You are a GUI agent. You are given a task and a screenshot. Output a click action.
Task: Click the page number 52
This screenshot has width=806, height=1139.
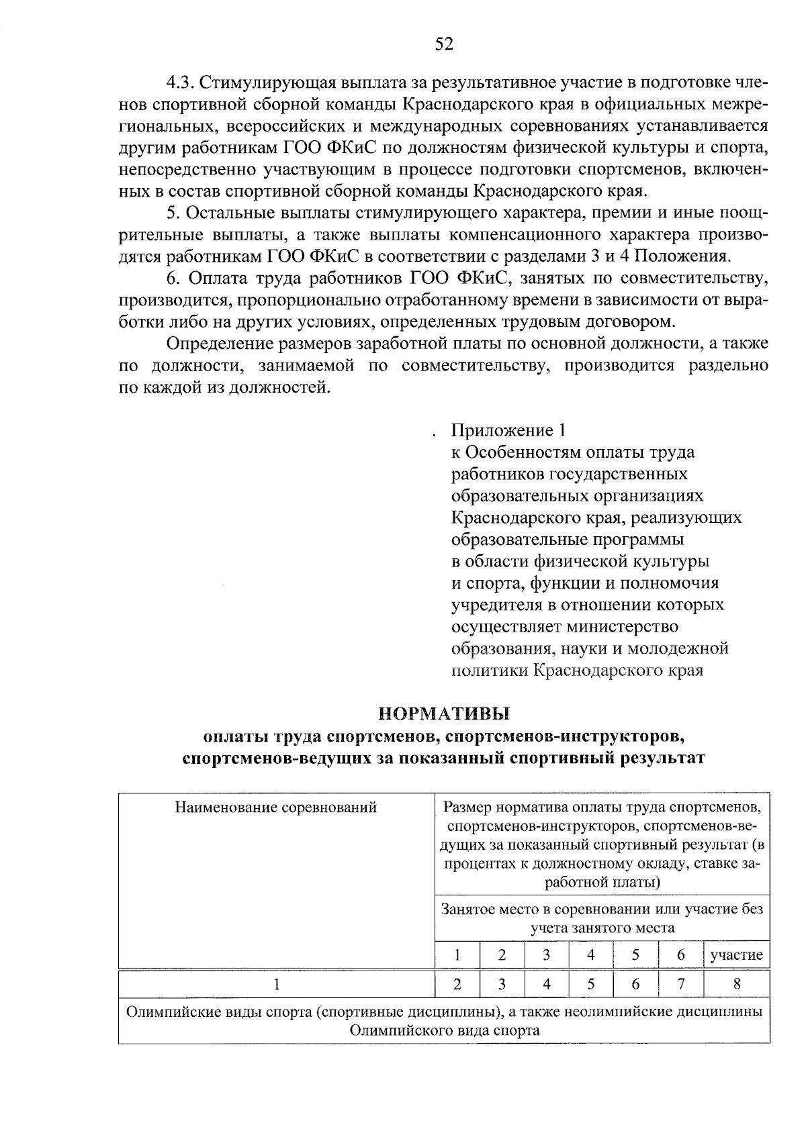coord(445,44)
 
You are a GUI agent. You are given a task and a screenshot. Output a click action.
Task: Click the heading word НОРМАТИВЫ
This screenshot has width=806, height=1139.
coord(444,712)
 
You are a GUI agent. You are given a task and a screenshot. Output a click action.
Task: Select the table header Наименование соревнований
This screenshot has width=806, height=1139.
coord(276,807)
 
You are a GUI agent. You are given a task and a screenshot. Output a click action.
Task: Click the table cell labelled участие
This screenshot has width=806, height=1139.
coord(737,955)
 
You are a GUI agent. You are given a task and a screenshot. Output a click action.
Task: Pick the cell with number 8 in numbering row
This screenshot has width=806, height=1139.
coord(737,985)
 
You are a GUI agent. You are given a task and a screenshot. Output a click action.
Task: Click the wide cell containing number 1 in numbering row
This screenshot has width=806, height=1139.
coord(276,985)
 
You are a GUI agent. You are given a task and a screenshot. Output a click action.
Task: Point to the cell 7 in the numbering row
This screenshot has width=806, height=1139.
coord(680,985)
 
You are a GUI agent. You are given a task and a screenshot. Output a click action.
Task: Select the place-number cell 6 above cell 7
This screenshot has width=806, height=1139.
coord(680,955)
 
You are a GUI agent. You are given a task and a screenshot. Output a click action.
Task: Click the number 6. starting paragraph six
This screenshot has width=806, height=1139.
coord(174,279)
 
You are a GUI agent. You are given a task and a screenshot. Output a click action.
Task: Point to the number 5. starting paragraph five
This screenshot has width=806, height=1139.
coord(173,213)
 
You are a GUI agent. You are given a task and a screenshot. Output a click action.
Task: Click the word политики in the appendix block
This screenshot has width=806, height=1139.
coord(489,671)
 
